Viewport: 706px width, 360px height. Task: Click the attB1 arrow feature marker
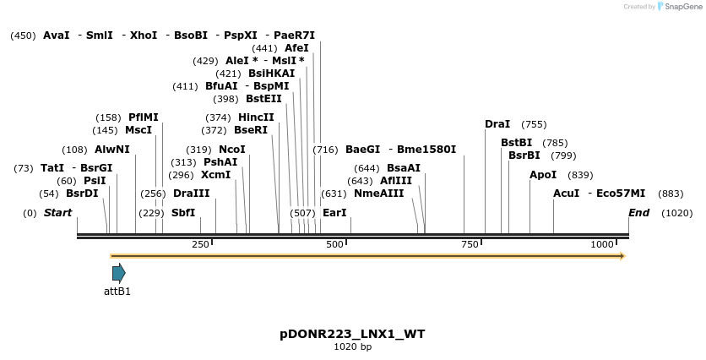(118, 273)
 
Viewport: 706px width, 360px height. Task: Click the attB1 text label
(117, 292)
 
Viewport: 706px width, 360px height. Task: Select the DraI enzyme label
(497, 124)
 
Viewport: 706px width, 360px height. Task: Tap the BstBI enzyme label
(516, 143)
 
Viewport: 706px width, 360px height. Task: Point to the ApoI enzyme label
(543, 175)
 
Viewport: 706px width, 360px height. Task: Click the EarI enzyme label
(334, 213)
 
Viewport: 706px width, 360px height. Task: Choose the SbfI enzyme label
(183, 213)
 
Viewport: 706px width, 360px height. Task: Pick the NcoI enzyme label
(232, 150)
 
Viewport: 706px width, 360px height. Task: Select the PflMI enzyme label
(144, 117)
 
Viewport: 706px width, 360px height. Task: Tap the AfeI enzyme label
(296, 48)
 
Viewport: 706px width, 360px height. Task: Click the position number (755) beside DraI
(534, 124)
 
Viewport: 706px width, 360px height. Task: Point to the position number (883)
(671, 194)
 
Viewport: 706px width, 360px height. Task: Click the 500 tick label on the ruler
(335, 244)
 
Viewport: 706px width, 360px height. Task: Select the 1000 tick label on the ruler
(602, 244)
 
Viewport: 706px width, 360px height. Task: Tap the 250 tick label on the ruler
(200, 244)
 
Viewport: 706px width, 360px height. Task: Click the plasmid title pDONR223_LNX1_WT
(352, 334)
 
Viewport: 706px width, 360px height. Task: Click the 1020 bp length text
(352, 347)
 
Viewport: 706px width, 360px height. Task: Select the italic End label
(638, 213)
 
